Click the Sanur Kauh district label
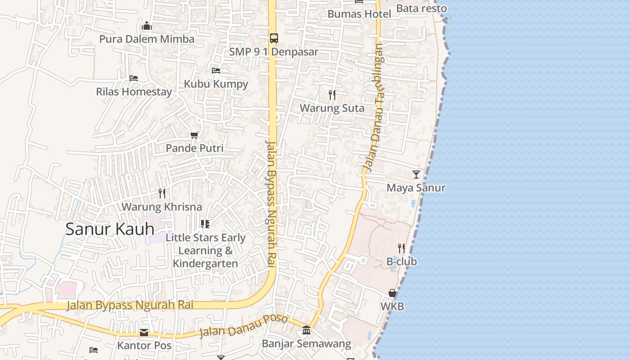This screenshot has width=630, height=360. [110, 229]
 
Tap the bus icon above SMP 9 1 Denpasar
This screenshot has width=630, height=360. [274, 38]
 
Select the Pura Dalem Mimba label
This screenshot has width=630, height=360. [147, 39]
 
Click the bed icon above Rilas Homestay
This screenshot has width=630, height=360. [133, 78]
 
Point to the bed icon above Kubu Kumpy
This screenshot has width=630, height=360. [216, 71]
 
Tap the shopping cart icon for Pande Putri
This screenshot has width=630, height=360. [194, 135]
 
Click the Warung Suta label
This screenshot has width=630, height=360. [332, 108]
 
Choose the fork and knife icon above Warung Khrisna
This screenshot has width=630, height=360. [162, 193]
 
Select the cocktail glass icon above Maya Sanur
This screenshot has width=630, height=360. [416, 174]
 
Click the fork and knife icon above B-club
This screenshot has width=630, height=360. [401, 248]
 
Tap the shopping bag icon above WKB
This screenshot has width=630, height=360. [392, 293]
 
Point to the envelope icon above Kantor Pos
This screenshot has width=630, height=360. [144, 333]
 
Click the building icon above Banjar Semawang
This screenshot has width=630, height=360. [306, 330]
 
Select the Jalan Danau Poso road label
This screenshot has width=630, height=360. [243, 326]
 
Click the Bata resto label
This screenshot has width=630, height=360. [421, 9]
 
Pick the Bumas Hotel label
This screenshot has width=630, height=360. [359, 14]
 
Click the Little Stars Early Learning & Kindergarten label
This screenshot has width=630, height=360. [206, 251]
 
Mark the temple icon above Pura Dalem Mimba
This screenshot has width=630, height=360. [147, 26]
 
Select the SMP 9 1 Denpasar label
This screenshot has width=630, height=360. [274, 52]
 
